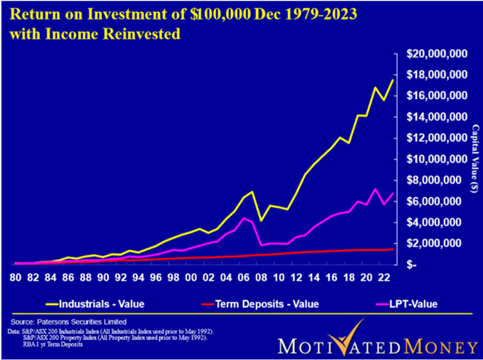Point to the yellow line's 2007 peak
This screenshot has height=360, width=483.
tap(253, 192)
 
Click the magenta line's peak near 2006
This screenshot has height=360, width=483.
tap(244, 218)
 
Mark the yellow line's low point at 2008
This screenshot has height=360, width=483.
tap(262, 221)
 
